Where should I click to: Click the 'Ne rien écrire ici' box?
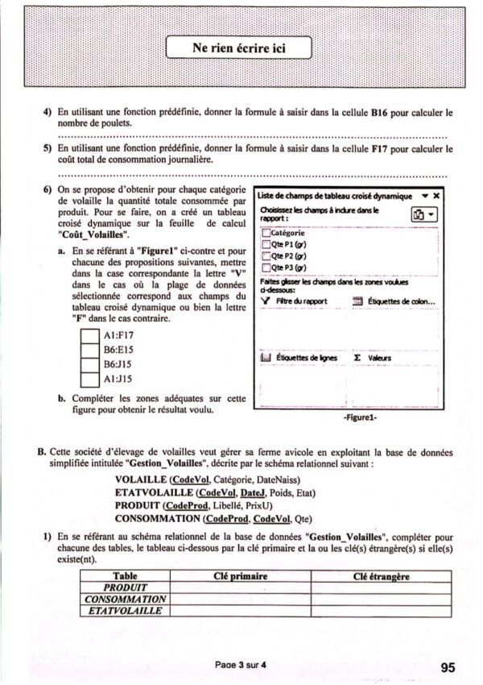(239, 48)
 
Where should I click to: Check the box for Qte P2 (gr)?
(266, 256)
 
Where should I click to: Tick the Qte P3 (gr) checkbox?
(266, 268)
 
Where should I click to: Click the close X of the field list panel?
(436, 196)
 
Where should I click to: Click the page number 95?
(449, 666)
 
